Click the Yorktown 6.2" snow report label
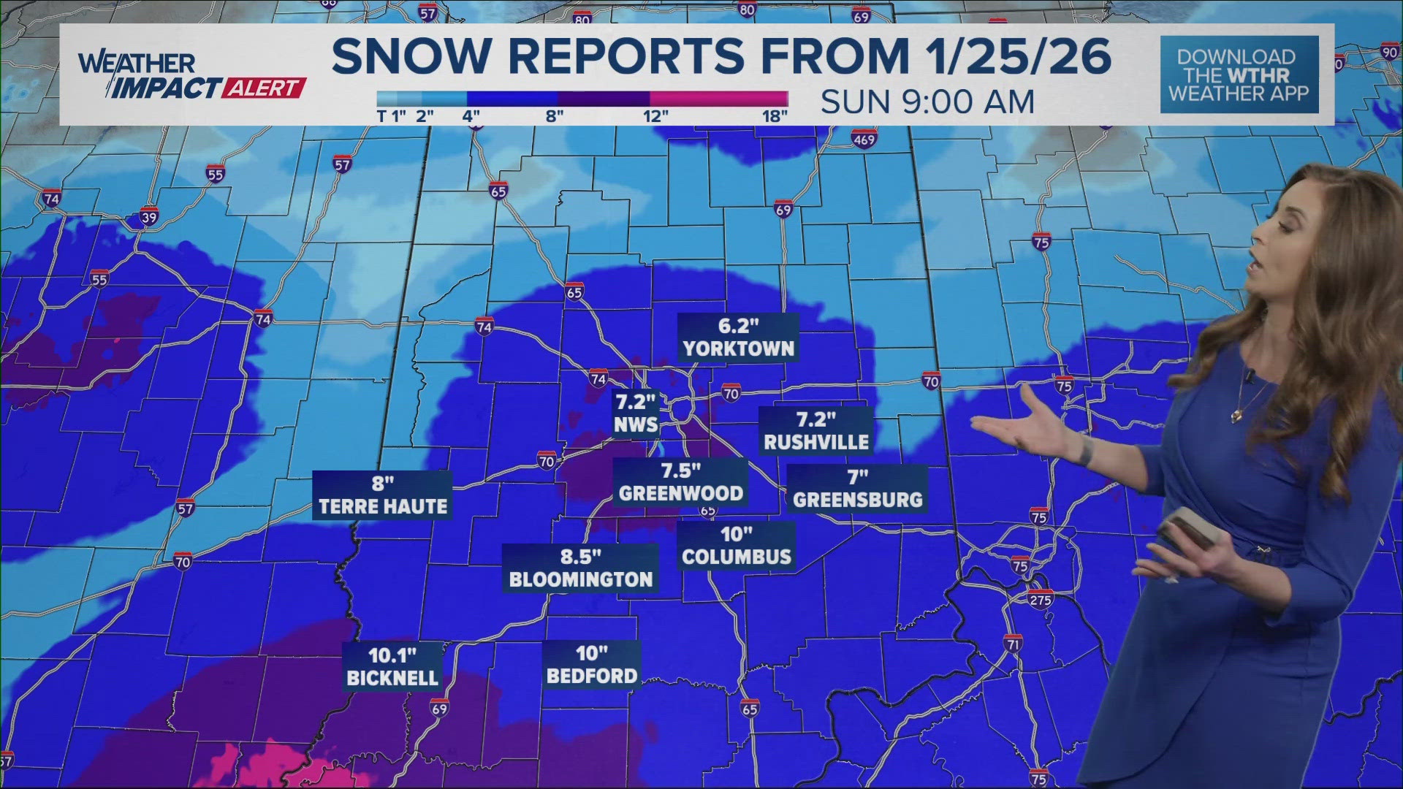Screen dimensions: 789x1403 click(738, 338)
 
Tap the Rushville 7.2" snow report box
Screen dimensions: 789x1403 click(816, 430)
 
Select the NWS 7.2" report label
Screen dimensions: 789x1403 click(636, 413)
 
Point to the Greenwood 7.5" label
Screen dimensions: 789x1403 click(680, 481)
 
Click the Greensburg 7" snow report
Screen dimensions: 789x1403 click(858, 489)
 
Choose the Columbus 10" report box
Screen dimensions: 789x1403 click(737, 546)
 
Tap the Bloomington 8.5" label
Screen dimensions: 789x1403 click(581, 568)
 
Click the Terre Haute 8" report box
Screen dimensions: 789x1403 click(383, 495)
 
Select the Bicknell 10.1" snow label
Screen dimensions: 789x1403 click(392, 666)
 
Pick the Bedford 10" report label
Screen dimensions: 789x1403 click(592, 664)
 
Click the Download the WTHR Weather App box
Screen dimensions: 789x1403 click(1239, 75)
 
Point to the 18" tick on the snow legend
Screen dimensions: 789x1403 click(775, 116)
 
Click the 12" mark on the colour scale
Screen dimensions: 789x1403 click(655, 116)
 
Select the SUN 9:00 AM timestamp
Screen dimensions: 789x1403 click(927, 102)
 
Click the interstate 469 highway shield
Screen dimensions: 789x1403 click(864, 139)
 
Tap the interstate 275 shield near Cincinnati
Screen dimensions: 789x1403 click(1041, 600)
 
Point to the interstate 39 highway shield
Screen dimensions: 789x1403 click(148, 218)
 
